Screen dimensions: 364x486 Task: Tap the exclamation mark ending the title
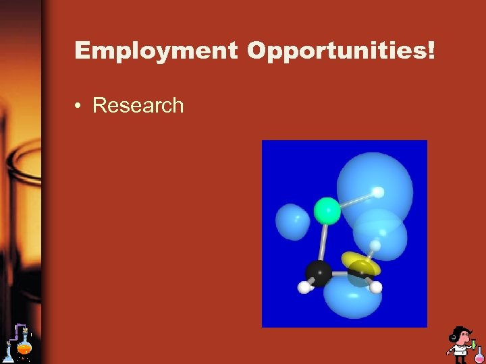click(431, 50)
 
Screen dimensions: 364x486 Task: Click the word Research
click(138, 105)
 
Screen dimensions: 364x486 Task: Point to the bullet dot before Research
click(79, 106)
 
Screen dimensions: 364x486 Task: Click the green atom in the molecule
click(327, 210)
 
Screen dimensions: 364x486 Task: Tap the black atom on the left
click(318, 272)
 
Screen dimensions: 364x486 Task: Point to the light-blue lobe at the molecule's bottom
click(352, 301)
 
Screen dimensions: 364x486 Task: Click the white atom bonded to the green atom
click(379, 193)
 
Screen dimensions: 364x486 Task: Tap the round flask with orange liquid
click(25, 347)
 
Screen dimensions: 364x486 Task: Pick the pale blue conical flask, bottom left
click(9, 354)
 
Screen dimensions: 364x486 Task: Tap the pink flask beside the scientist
click(479, 357)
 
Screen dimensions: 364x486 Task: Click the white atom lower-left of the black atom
click(304, 287)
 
